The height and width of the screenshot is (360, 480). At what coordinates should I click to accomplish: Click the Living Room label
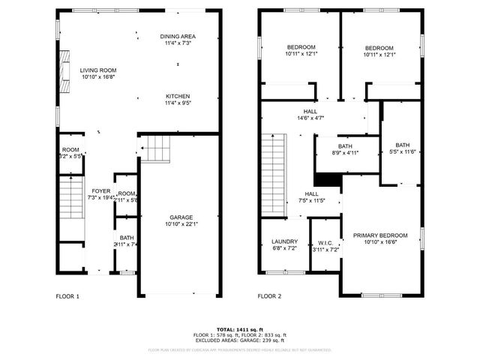pos(98,70)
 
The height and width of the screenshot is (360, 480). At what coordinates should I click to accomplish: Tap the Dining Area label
pos(178,36)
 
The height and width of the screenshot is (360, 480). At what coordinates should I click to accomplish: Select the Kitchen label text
pos(178,96)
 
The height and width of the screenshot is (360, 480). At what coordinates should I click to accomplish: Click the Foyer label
pos(100,191)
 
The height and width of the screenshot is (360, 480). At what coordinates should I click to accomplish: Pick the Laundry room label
pos(284,241)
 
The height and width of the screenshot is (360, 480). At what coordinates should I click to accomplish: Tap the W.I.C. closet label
pos(325,241)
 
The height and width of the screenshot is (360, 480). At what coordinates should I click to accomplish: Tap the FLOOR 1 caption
pos(67,296)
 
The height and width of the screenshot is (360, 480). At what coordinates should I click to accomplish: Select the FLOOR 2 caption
pos(269,296)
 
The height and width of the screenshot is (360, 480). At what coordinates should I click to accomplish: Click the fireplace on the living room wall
pos(64,72)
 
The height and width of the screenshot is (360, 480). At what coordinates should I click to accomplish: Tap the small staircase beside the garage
pos(156,148)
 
